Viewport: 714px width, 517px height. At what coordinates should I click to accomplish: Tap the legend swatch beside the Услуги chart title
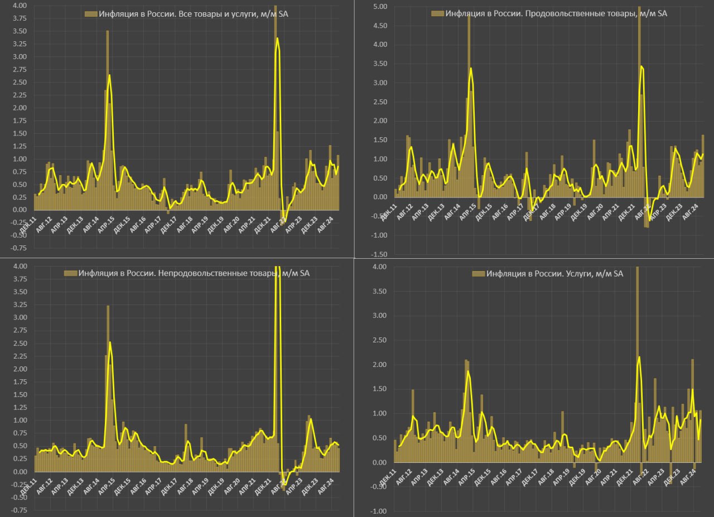478,274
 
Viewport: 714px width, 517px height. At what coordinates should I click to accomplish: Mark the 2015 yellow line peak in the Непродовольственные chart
110,342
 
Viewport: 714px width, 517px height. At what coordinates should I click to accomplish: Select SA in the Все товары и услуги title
283,13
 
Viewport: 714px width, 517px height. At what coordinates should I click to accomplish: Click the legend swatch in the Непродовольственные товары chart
70,273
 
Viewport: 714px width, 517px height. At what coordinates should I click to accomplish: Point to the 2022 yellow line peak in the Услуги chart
639,357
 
